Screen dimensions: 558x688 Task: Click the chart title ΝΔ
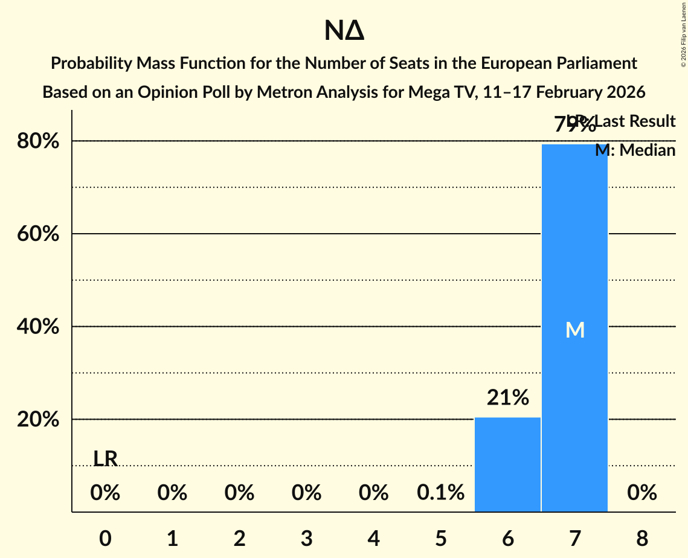tap(344, 31)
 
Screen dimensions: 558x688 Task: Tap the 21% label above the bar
tap(508, 397)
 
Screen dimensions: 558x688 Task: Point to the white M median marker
tap(575, 330)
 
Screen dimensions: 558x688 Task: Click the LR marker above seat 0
tap(106, 459)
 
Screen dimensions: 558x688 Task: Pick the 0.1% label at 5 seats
tap(440, 493)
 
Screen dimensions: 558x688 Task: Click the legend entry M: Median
tap(635, 150)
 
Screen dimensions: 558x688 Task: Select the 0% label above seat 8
tap(641, 493)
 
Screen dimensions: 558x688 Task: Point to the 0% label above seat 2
tap(239, 493)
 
